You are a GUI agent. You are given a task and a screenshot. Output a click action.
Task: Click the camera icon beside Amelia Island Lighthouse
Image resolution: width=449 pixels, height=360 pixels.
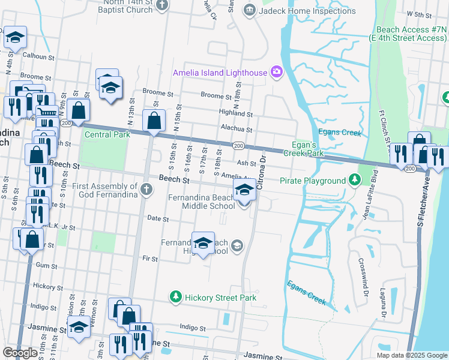pyautogui.click(x=276, y=73)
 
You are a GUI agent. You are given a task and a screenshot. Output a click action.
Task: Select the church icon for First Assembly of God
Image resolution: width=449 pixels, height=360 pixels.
pyautogui.click(x=146, y=191)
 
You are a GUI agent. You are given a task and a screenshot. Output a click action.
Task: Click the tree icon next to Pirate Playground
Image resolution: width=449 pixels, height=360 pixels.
pyautogui.click(x=355, y=180)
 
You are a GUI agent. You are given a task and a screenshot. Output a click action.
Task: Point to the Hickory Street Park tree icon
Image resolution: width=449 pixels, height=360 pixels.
pyautogui.click(x=175, y=297)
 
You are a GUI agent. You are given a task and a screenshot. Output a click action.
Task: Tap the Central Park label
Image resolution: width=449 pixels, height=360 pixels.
pyautogui.click(x=107, y=134)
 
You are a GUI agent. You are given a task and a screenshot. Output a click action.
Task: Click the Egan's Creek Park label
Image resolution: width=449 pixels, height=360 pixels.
pyautogui.click(x=308, y=149)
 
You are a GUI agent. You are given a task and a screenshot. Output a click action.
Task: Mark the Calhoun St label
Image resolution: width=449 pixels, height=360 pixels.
pyautogui.click(x=38, y=55)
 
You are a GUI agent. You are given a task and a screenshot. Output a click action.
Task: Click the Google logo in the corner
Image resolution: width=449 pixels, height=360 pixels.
pyautogui.click(x=20, y=353)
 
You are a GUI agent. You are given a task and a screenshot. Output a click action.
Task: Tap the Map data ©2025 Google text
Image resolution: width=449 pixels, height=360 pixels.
pyautogui.click(x=411, y=355)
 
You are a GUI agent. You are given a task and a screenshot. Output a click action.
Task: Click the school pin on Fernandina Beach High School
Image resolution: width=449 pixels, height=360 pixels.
pyautogui.click(x=203, y=243)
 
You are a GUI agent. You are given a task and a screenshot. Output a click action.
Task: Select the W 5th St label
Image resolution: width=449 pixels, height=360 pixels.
pyautogui.click(x=419, y=13)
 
